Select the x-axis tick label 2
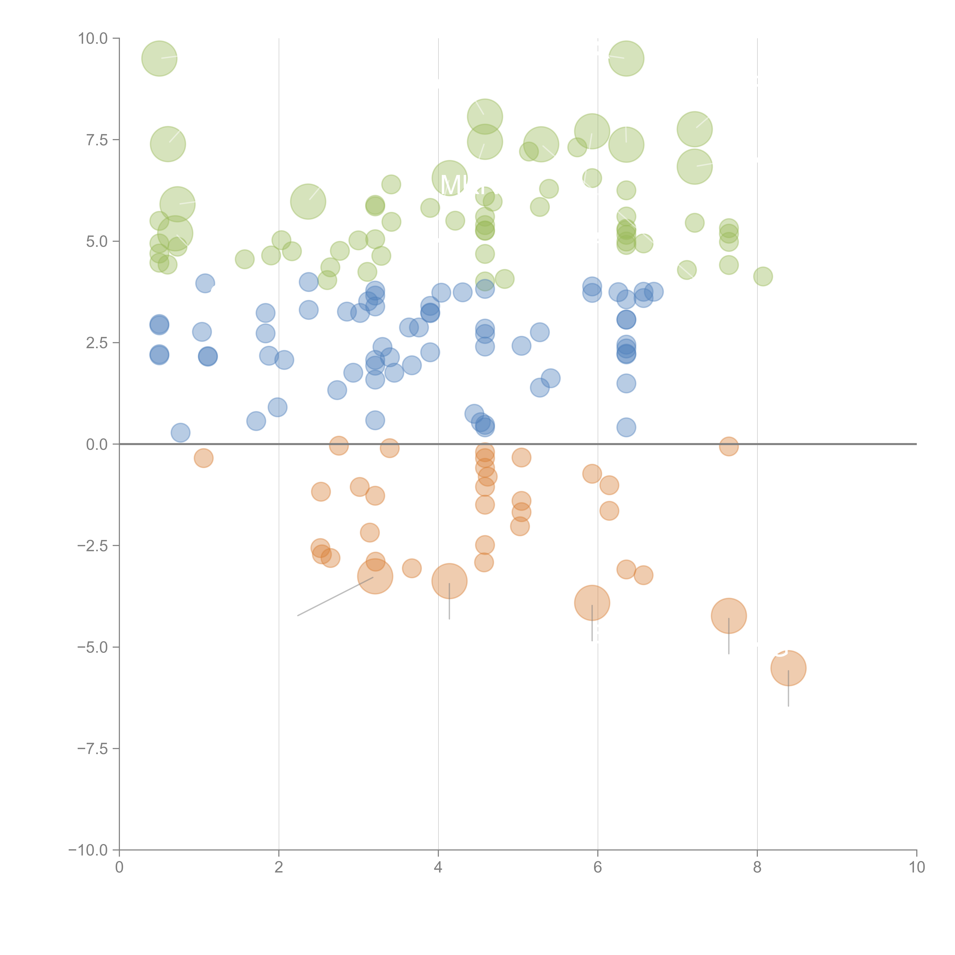coord(279,868)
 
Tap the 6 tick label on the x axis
coord(598,868)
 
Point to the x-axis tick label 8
coord(757,868)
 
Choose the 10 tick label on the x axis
coord(916,868)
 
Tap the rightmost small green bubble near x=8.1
coord(763,276)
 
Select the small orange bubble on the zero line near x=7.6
coord(729,446)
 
